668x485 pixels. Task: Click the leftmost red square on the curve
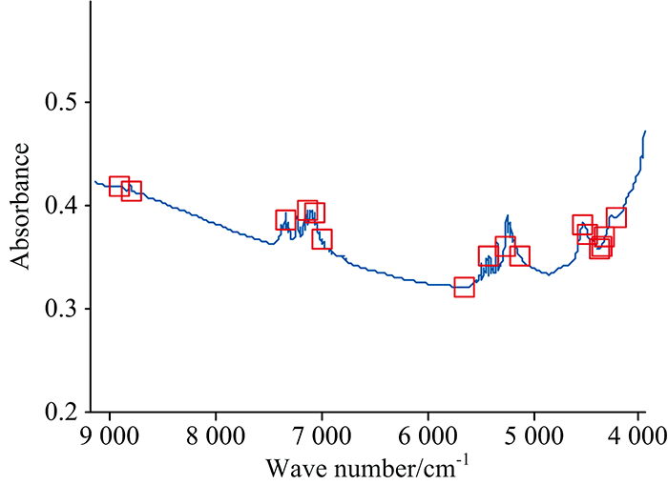119,186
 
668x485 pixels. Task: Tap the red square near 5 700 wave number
464,287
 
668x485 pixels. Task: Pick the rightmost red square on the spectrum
616,217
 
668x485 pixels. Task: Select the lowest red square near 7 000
322,238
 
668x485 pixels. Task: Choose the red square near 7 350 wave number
286,220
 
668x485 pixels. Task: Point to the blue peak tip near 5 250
508,215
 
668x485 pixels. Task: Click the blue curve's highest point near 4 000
646,131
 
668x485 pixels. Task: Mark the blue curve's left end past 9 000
94,181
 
